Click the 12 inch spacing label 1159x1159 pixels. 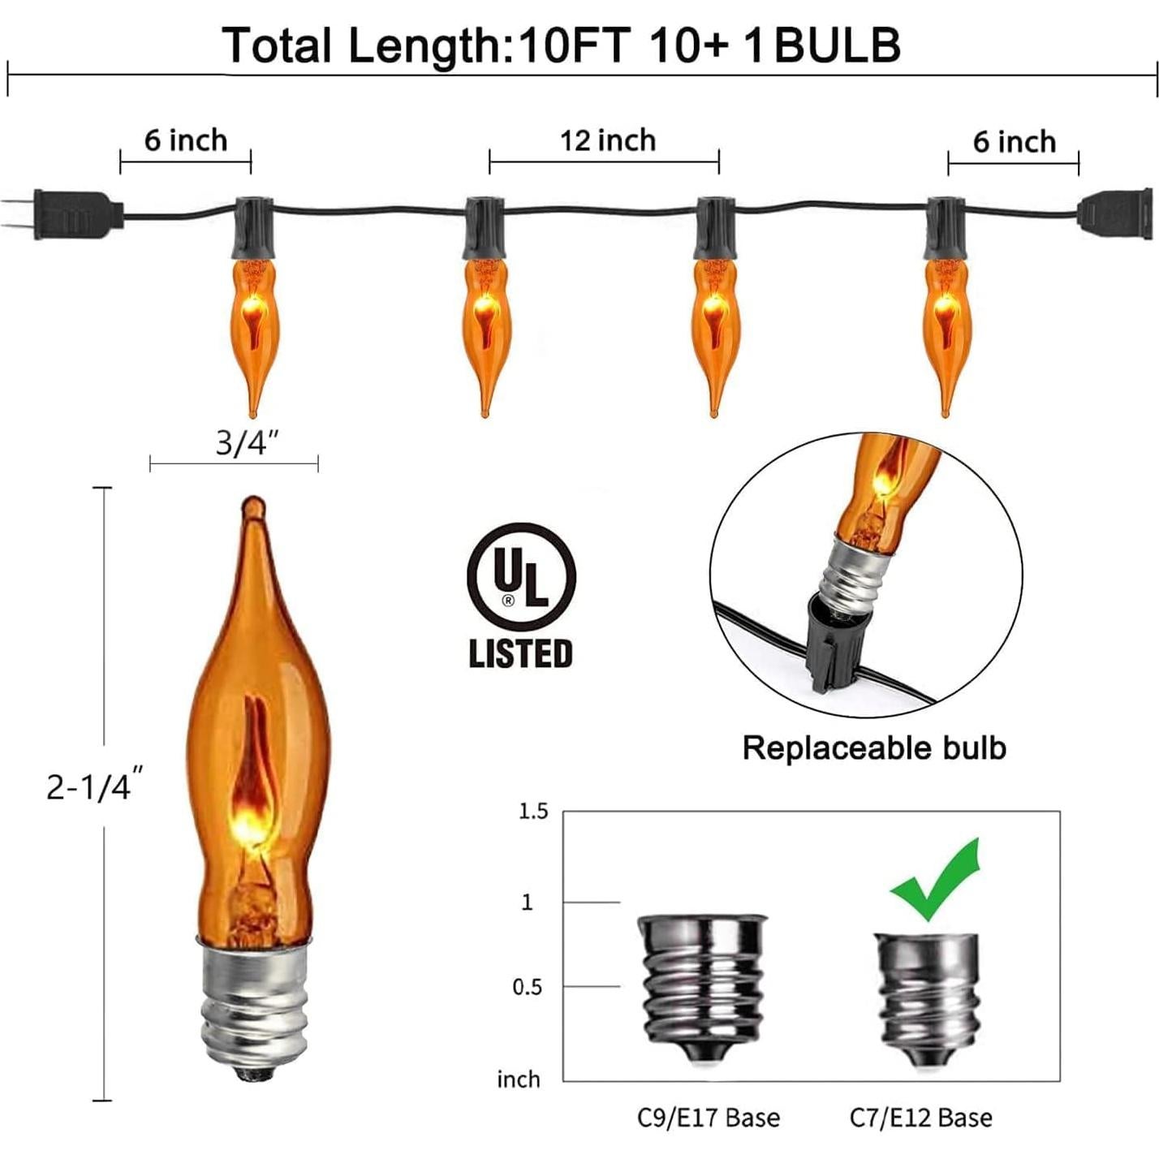click(608, 140)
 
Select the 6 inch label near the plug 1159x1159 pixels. click(186, 140)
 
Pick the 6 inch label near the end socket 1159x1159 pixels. click(1015, 142)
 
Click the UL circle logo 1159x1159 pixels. click(521, 577)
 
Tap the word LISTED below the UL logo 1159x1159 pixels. click(521, 653)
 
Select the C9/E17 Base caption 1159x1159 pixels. click(708, 1118)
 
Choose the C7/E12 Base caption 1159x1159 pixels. click(921, 1118)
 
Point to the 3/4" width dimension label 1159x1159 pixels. click(248, 443)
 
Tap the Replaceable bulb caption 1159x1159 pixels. click(874, 748)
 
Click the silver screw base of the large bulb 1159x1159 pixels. click(255, 1006)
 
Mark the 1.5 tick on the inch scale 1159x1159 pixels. click(533, 812)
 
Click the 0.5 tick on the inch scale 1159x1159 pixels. click(528, 987)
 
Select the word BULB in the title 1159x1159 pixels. click(837, 45)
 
